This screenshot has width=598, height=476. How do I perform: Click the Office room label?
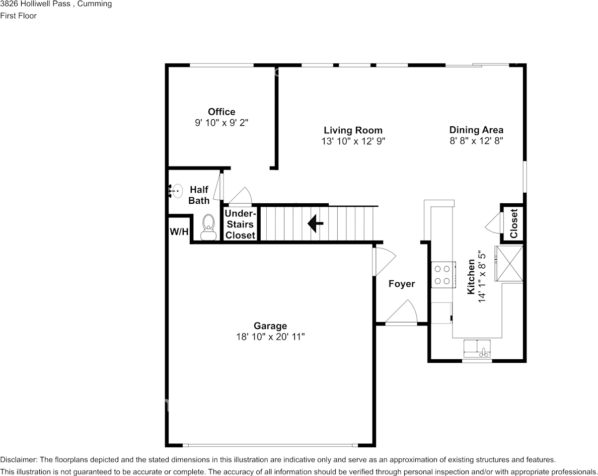221,112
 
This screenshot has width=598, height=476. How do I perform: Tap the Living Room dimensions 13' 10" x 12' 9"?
353,141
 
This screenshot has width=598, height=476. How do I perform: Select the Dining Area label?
476,130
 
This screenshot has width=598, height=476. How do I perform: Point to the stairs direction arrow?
316,223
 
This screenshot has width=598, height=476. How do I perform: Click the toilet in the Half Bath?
208,227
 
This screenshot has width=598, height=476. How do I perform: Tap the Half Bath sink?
175,190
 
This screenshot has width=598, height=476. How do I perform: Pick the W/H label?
179,231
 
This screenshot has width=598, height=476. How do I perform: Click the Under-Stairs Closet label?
240,224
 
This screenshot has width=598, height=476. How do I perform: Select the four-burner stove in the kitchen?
443,274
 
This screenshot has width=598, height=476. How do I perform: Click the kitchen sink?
477,348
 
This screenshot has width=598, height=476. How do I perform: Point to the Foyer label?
402,284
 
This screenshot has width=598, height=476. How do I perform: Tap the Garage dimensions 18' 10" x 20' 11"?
270,337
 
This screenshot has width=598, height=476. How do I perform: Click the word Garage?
270,326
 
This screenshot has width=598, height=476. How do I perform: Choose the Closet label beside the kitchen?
514,223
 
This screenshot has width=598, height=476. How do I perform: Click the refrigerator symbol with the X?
509,263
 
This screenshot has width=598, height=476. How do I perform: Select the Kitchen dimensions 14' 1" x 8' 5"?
482,277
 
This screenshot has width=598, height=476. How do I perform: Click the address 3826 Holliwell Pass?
35,4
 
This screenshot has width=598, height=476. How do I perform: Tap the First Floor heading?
18,16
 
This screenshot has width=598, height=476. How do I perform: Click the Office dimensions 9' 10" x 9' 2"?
221,123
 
